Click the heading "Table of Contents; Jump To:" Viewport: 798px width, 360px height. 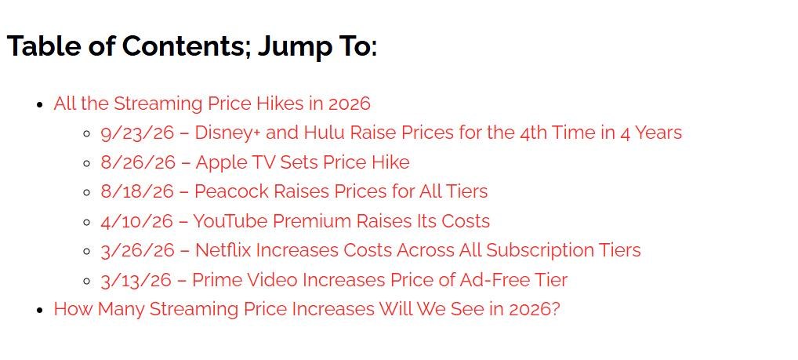point(192,46)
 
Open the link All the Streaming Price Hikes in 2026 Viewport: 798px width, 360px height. point(212,104)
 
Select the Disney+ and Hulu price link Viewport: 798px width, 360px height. point(391,133)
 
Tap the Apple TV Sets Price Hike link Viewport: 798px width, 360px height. point(255,162)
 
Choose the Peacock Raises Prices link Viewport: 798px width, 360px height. point(294,191)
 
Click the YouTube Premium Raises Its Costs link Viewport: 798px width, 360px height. point(296,221)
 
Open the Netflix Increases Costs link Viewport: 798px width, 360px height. point(371,250)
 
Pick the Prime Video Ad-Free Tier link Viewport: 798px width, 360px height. point(334,280)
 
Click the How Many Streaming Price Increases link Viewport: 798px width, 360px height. point(307,309)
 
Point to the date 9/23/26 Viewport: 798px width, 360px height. point(137,133)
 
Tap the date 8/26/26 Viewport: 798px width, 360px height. point(138,162)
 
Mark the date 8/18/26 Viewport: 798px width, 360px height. point(137,191)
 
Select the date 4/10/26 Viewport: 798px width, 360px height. point(137,221)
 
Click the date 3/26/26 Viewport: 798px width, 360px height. point(138,250)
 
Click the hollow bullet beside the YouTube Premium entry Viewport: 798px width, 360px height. point(87,222)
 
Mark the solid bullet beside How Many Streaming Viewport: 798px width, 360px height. point(40,310)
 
